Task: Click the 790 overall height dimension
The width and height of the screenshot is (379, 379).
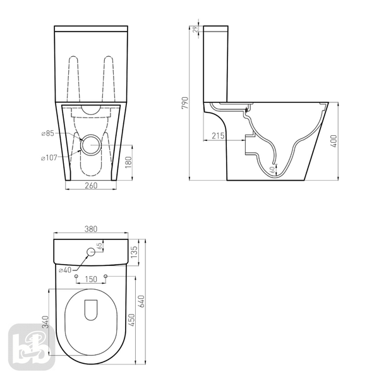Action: [185, 103]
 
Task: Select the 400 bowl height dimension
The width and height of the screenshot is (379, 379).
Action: [334, 141]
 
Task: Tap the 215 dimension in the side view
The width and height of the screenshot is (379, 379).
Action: [218, 136]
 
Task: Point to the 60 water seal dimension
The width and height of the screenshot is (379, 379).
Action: [272, 170]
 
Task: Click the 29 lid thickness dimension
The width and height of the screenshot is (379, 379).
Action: [196, 29]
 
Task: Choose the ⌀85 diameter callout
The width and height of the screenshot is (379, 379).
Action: [48, 133]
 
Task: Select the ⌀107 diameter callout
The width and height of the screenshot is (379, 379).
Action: [49, 158]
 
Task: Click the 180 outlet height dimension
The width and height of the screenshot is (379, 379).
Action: [129, 162]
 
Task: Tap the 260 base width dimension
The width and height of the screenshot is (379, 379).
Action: [91, 185]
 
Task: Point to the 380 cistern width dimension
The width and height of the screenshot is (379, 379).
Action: [90, 229]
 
